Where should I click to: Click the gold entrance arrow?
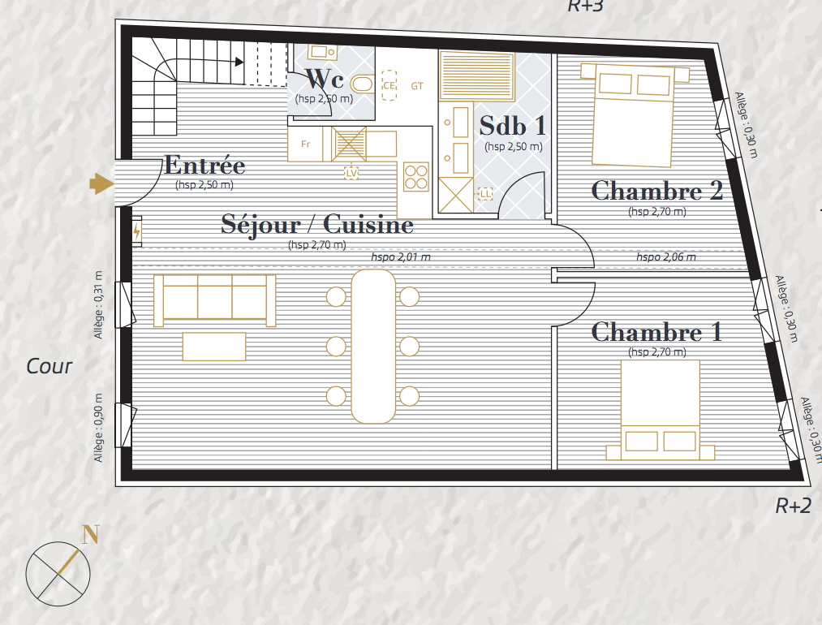coord(101,183)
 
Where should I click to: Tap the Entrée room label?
coord(204,165)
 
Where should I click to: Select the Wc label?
coord(324,80)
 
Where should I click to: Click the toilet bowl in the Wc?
coord(361,84)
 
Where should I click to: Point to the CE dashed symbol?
coord(389,85)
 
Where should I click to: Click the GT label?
coord(417,86)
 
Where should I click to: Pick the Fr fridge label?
coord(306,144)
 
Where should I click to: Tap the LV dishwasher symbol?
coord(351,173)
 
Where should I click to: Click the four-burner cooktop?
coord(416,177)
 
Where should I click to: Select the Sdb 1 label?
coord(512,126)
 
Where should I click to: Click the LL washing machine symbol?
coord(485,194)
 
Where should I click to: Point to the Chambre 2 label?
coord(656,191)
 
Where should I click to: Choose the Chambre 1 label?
coord(656,332)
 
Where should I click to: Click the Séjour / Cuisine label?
coord(317,224)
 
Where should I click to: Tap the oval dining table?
coord(373,346)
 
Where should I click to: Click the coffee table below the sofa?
coord(214,347)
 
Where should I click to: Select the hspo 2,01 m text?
coord(401,257)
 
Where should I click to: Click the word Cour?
coord(49,366)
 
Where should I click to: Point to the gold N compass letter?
coord(90,535)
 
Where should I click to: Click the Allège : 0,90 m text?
coord(98,427)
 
